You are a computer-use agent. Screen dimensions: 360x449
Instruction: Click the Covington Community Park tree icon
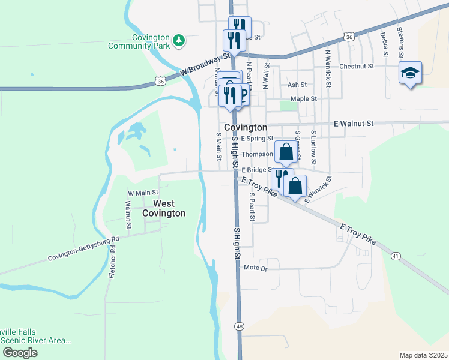coord(178,40)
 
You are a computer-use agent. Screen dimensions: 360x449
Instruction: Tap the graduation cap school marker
coord(410,73)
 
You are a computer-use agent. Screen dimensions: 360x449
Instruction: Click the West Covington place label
coord(164,208)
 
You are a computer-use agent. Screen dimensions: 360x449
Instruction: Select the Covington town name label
coord(245,128)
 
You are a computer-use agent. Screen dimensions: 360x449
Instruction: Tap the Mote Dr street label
coord(255,268)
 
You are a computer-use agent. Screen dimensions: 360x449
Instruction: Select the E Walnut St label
coord(354,123)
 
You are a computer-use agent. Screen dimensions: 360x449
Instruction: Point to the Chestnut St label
coord(357,67)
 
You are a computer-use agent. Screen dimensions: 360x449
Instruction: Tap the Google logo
coord(20,353)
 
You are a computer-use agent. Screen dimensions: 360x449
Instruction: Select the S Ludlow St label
coord(313,147)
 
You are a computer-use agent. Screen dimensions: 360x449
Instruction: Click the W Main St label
coord(142,193)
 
